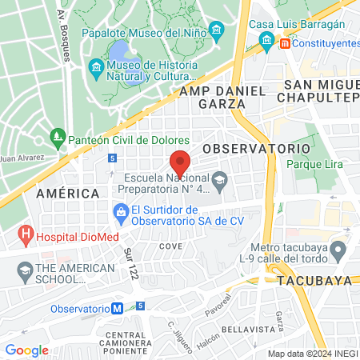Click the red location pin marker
click(x=180, y=161)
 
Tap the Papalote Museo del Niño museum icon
click(x=217, y=32)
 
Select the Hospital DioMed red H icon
click(x=26, y=236)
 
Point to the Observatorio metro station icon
click(x=118, y=308)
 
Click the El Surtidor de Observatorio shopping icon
click(x=121, y=212)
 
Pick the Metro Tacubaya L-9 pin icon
click(x=338, y=251)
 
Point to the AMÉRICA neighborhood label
click(x=67, y=194)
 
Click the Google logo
click(x=26, y=350)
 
